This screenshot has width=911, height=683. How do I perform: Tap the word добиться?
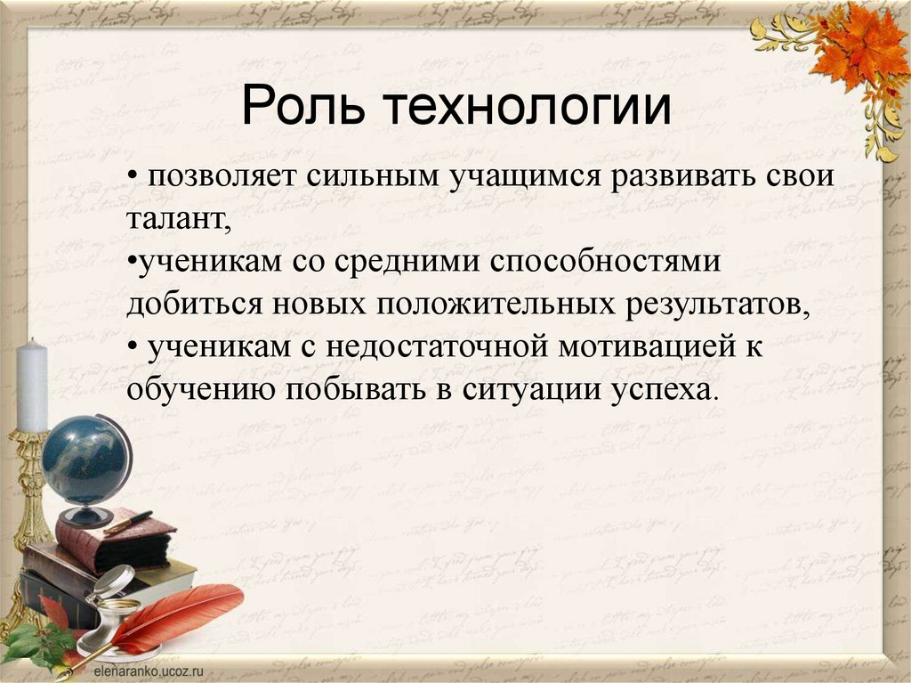click(191, 305)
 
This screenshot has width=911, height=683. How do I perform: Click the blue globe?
click(85, 460)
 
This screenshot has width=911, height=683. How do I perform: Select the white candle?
click(33, 385)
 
